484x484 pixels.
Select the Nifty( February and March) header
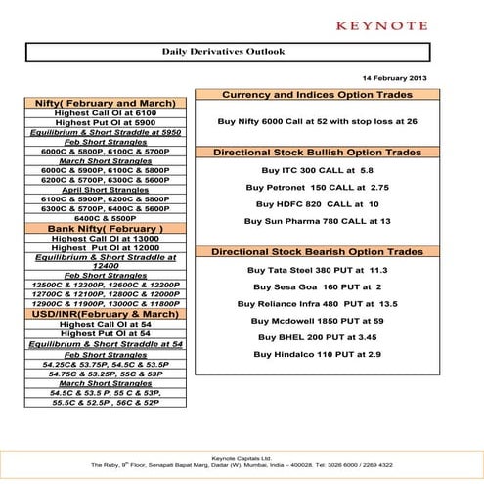pyautogui.click(x=105, y=103)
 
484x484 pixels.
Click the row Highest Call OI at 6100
pyautogui.click(x=105, y=113)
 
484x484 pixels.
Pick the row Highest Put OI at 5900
pyautogui.click(x=105, y=122)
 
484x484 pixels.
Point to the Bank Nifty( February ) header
pyautogui.click(x=105, y=228)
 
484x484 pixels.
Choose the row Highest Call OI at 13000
pyautogui.click(x=105, y=238)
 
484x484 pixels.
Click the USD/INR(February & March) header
pyautogui.click(x=105, y=313)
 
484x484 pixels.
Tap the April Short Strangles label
pyautogui.click(x=105, y=189)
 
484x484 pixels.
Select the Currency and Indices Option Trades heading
pyautogui.click(x=317, y=95)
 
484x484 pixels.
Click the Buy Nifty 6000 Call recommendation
pyautogui.click(x=317, y=121)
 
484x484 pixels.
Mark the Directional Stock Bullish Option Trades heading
pyautogui.click(x=317, y=153)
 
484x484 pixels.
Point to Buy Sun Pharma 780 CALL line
pyautogui.click(x=317, y=222)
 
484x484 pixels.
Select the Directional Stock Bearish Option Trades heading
pyautogui.click(x=317, y=252)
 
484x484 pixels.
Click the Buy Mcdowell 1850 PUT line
pyautogui.click(x=317, y=320)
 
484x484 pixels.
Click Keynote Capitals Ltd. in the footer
pyautogui.click(x=242, y=457)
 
